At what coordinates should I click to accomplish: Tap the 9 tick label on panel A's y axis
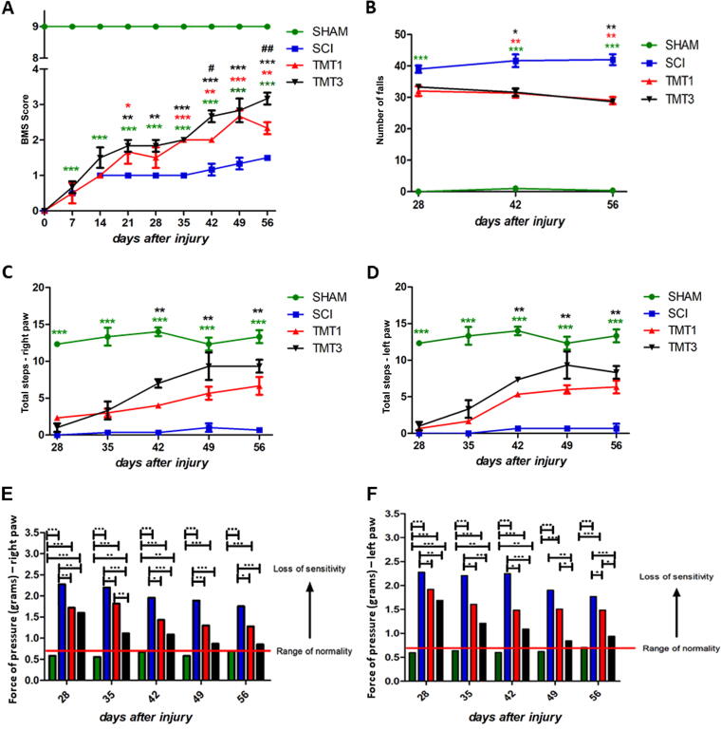[x=33, y=26]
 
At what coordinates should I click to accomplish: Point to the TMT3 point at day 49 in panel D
[x=566, y=365]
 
